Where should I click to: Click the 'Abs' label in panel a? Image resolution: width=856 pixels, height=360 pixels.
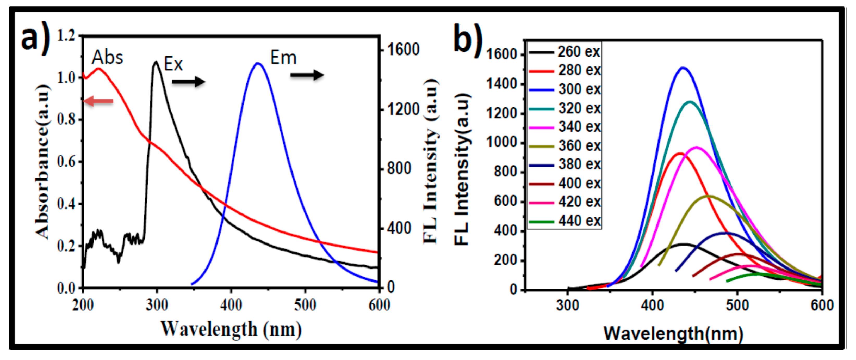107,58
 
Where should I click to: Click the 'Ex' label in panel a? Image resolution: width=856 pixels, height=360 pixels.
173,64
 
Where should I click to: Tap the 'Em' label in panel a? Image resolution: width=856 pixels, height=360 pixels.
283,58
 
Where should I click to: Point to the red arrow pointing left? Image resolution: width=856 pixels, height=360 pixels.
98,101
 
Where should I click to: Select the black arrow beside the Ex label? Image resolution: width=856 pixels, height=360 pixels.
188,81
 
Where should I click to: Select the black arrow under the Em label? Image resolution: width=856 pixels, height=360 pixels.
307,75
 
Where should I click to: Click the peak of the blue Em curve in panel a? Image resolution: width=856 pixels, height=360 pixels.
257,63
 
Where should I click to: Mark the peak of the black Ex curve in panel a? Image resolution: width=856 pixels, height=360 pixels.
156,62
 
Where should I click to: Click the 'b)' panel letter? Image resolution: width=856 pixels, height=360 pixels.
468,39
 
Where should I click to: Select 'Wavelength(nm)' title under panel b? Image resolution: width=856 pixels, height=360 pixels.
673,333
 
